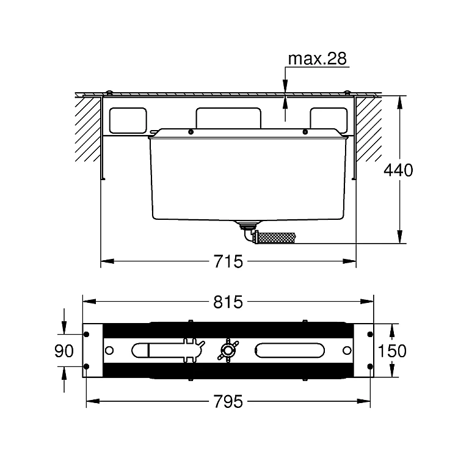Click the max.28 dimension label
pyautogui.click(x=317, y=59)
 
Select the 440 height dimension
pyautogui.click(x=398, y=170)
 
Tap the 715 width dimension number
pyautogui.click(x=228, y=261)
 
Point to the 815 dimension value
pyautogui.click(x=228, y=302)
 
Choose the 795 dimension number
pyautogui.click(x=228, y=401)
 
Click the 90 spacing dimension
pyautogui.click(x=64, y=351)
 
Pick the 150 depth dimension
pyautogui.click(x=392, y=351)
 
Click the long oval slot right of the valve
pyautogui.click(x=289, y=350)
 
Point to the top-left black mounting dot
pyautogui.click(x=86, y=334)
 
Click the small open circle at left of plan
pyautogui.click(x=109, y=351)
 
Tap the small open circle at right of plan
pyautogui.click(x=347, y=351)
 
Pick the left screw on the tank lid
pyautogui.click(x=191, y=132)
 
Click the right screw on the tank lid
pyautogui.click(x=305, y=132)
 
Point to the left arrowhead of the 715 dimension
pyautogui.click(x=107, y=261)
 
